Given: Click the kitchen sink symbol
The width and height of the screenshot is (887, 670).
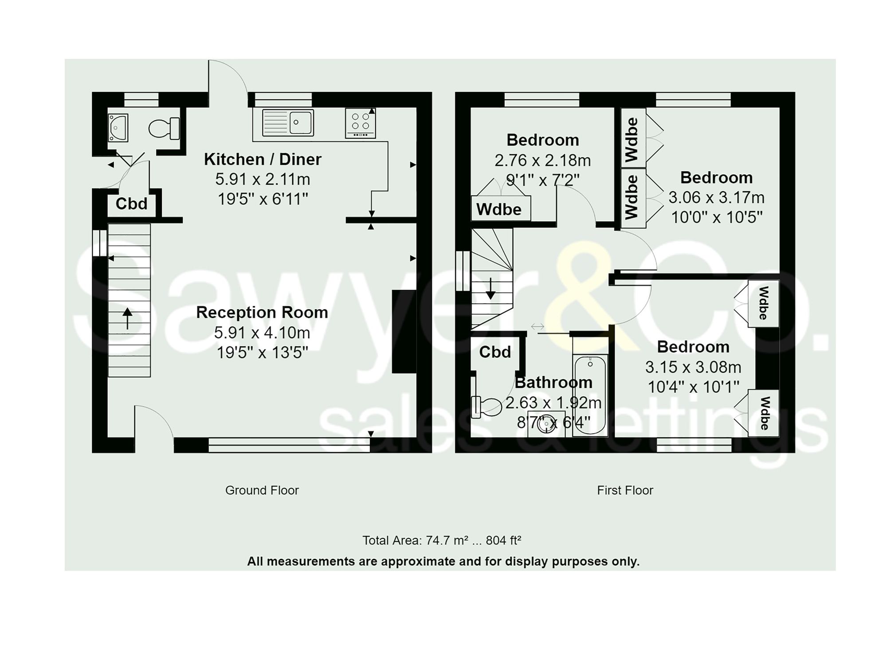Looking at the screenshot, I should click(288, 122).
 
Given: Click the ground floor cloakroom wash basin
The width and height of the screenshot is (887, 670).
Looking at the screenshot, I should click(118, 128).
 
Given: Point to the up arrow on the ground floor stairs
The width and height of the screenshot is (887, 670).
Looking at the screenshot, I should click(127, 318).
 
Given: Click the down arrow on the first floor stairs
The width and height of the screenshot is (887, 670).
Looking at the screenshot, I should click(491, 289).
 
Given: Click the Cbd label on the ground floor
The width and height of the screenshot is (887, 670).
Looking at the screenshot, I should click(131, 204).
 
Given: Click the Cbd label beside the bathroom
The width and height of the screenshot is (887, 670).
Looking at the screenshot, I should click(495, 352).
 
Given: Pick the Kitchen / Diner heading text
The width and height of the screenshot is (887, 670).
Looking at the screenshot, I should click(263, 159).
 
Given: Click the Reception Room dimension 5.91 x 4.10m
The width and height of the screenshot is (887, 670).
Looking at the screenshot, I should click(262, 333).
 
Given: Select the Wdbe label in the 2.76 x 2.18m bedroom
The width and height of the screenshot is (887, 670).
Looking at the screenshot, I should click(499, 209).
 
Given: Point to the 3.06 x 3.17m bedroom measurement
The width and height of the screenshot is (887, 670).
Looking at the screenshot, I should click(716, 197).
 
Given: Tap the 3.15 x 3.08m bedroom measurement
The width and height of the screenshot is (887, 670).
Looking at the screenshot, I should click(693, 367).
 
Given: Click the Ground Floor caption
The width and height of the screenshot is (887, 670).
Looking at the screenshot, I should click(262, 490).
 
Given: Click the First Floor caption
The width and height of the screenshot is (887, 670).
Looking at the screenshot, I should click(625, 490).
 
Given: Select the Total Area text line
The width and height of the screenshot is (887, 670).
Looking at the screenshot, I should click(442, 540).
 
